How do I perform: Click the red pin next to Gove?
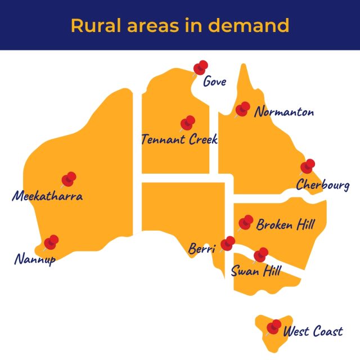(x=200, y=68)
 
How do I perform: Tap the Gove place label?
(x=214, y=82)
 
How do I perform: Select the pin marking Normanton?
(x=243, y=109)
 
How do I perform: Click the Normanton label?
(x=283, y=112)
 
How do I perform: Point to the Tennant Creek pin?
(x=187, y=123)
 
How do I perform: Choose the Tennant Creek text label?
(x=179, y=139)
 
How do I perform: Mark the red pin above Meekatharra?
(x=69, y=179)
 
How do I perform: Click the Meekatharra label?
(x=47, y=197)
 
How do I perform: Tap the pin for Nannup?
(x=51, y=242)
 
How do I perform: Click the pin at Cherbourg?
(x=307, y=166)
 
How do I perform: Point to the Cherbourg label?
(x=322, y=185)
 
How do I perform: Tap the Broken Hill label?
(x=285, y=225)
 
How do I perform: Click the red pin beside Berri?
(x=228, y=243)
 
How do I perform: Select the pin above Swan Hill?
(x=260, y=255)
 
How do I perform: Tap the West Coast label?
(x=313, y=331)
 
